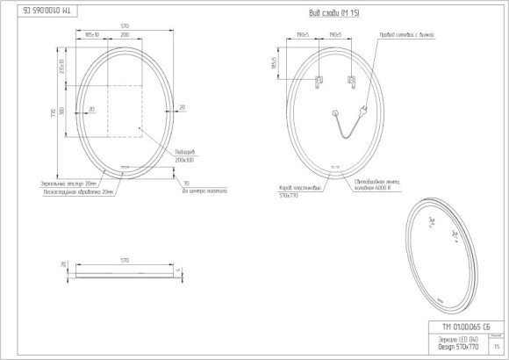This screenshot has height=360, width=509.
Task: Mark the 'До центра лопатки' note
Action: point(204,191)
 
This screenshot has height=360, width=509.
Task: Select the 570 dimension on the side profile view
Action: point(125,261)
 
